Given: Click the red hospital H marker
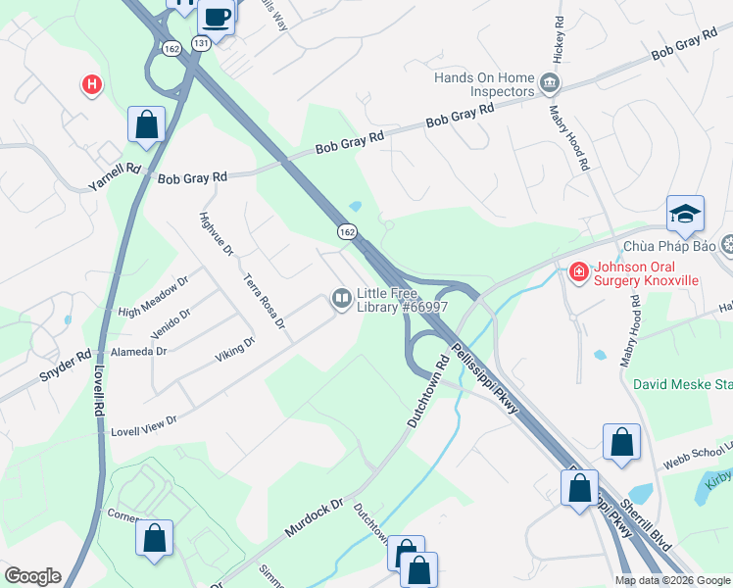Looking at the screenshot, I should pyautogui.click(x=91, y=85).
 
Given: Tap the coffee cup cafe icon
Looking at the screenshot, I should pyautogui.click(x=216, y=16).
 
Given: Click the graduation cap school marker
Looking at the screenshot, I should pyautogui.click(x=684, y=212).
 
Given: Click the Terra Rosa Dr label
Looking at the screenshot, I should pyautogui.click(x=265, y=300).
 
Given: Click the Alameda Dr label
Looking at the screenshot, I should pyautogui.click(x=138, y=350).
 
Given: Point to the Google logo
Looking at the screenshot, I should pyautogui.click(x=31, y=576).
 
